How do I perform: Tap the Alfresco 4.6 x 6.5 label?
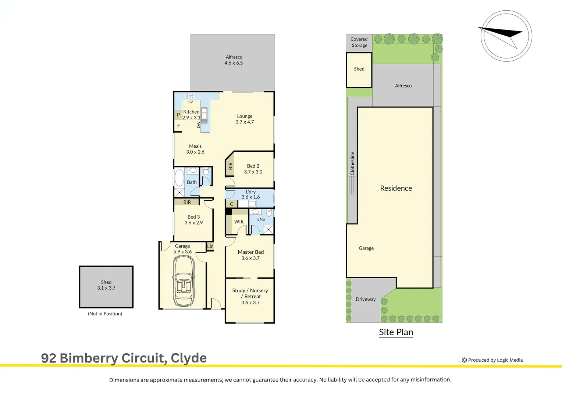coord(234,60)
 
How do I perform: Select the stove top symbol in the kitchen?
coord(191,96)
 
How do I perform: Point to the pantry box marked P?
coord(178,115)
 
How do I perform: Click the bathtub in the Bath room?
coord(179,178)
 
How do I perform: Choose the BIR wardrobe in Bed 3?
coord(187,202)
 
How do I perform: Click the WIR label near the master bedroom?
coord(239,222)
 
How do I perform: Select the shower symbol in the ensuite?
coord(268,229)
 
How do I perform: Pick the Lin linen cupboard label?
coord(210,246)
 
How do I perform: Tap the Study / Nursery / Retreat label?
coord(250,296)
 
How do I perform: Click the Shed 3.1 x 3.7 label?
coord(106,285)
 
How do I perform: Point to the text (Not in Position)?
coord(105,314)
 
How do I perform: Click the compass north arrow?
coord(501,36)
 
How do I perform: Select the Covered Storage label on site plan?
coord(359,42)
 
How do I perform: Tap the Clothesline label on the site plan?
coord(352,164)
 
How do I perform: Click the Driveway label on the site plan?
coord(366,299)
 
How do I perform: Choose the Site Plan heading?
coord(396,332)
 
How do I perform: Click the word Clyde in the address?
coord(189,358)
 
